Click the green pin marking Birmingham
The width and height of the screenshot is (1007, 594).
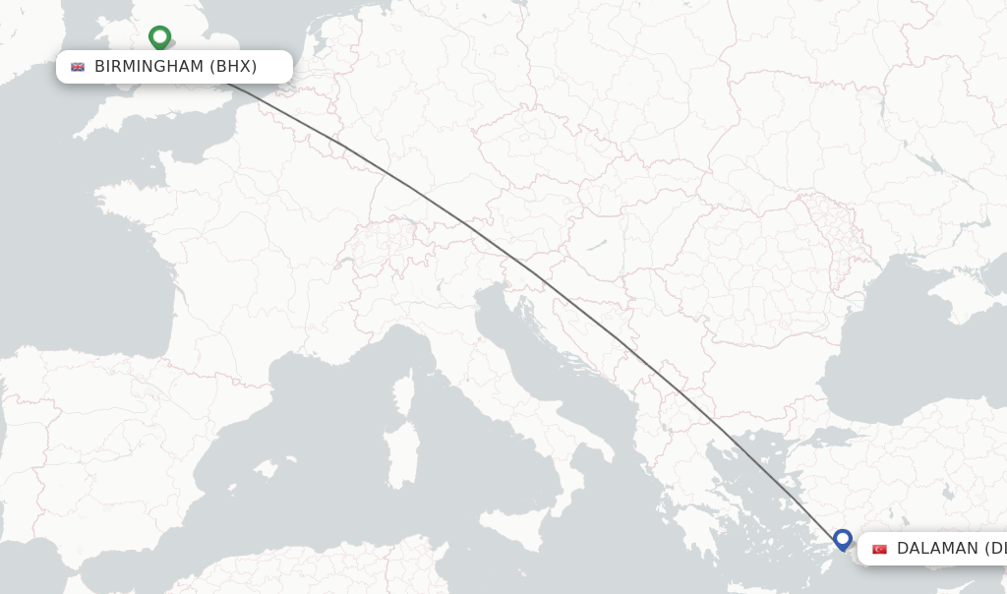pyautogui.click(x=159, y=37)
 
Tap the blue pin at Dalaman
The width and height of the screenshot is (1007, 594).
pyautogui.click(x=842, y=539)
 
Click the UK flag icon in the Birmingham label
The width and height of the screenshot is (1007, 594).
pyautogui.click(x=78, y=67)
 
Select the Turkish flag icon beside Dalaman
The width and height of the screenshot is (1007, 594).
pyautogui.click(x=879, y=549)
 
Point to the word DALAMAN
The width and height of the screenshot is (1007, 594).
pyautogui.click(x=937, y=549)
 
